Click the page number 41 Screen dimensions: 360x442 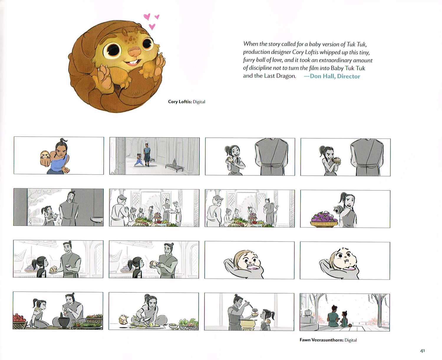point(422,351)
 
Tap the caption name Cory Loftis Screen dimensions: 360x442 point(179,102)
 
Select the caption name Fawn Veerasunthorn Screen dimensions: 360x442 point(321,340)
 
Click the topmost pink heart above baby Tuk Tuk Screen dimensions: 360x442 point(147,17)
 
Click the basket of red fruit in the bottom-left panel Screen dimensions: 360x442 point(20,322)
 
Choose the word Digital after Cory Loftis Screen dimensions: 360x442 point(199,102)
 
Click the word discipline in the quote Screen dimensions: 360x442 point(264,68)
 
